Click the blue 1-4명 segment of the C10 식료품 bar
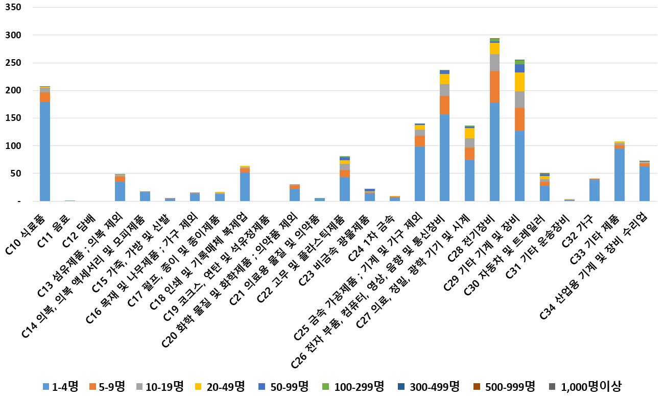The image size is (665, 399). tap(45, 151)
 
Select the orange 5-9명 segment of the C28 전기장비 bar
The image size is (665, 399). tap(494, 87)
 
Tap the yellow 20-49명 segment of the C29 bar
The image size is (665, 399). tap(519, 82)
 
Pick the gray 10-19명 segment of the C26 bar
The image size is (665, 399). tap(444, 90)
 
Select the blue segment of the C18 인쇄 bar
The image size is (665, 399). tap(245, 186)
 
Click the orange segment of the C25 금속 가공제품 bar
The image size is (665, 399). tap(419, 141)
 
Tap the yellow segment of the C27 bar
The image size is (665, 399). tap(469, 133)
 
